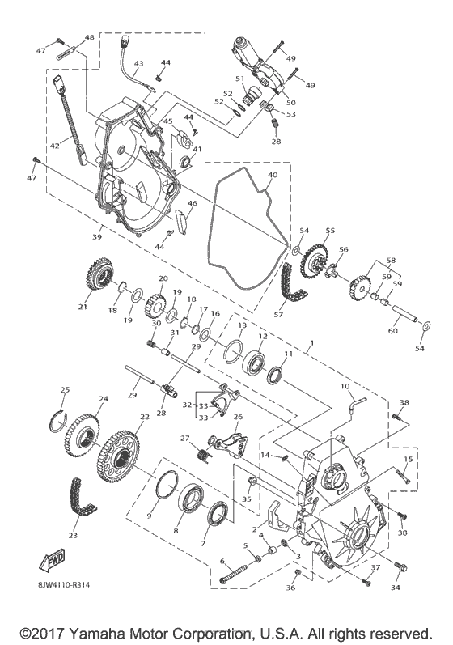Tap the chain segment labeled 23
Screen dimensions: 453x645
click(84, 499)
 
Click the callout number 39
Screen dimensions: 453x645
click(97, 237)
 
